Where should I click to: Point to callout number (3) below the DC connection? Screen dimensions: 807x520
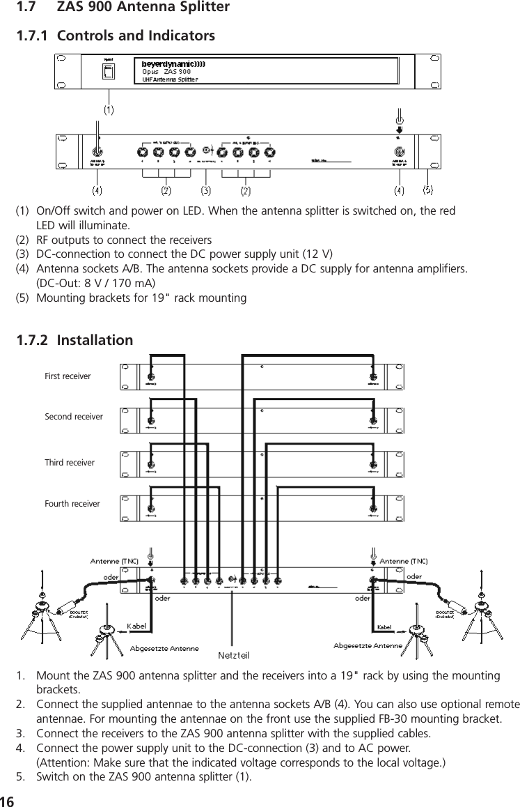point(206,189)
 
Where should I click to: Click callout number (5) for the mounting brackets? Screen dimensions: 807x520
point(427,189)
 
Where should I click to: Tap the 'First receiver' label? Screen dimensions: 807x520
point(68,376)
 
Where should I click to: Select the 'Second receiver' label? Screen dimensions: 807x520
point(73,417)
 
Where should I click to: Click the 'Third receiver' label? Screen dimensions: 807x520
point(70,462)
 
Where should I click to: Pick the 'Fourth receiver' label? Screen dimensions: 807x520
point(72,503)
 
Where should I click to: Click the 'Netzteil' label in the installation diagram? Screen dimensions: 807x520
point(235,655)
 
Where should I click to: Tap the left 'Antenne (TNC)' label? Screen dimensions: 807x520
point(115,560)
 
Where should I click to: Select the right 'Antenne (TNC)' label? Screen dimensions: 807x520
point(404,560)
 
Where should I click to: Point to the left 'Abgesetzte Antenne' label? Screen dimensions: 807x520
point(165,648)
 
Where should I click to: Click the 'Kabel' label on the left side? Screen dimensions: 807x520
point(136,627)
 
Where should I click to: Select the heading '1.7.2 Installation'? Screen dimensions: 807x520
point(74,341)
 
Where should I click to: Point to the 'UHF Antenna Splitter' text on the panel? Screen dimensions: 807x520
point(170,79)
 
